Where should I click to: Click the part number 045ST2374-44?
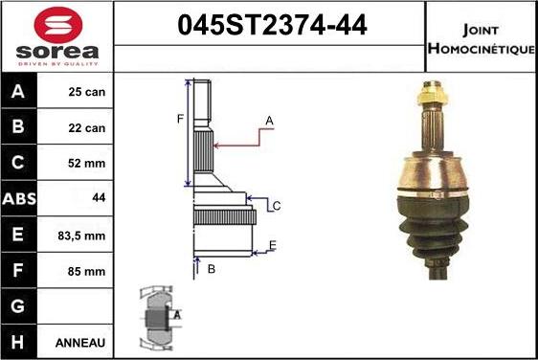pyautogui.click(x=271, y=27)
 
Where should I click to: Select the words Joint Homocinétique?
pyautogui.click(x=482, y=37)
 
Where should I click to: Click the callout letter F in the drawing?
pyautogui.click(x=179, y=119)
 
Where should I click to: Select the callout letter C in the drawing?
pyautogui.click(x=276, y=206)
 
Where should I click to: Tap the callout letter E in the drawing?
pyautogui.click(x=273, y=246)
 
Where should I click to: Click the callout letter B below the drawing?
pyautogui.click(x=212, y=269)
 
